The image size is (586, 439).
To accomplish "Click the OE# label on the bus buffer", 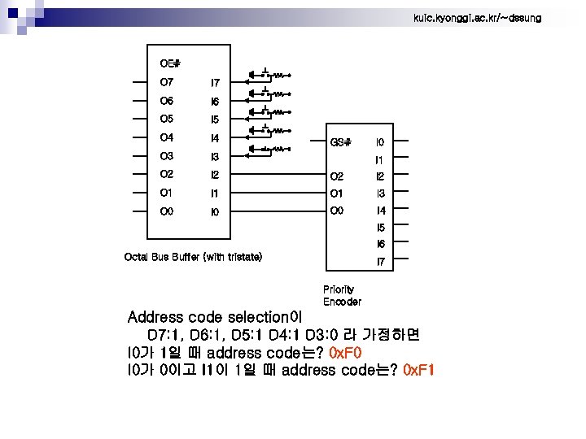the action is click(170, 63).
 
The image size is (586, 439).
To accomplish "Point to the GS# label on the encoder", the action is click(341, 141).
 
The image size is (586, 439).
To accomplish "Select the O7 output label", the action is click(167, 82).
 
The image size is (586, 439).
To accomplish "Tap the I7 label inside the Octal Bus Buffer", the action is click(215, 83).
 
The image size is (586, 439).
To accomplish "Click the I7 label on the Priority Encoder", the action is click(380, 262).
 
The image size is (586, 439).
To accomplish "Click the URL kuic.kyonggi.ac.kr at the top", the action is click(477, 18).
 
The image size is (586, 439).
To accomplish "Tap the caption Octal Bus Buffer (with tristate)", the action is click(193, 257).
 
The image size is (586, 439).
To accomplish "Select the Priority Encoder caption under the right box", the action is click(342, 295).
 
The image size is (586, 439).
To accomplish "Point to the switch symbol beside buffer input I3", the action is click(269, 149).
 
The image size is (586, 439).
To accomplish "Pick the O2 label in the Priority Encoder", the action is click(337, 176).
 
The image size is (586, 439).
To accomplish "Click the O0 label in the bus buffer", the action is click(167, 211).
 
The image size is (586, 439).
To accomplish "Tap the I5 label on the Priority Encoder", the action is click(380, 228).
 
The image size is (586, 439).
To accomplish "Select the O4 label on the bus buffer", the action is click(167, 137).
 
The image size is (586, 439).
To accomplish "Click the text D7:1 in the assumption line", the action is click(166, 335).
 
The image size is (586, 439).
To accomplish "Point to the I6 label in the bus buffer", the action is click(215, 102).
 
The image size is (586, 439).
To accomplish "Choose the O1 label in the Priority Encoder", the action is click(337, 193).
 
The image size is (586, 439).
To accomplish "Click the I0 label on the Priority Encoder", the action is click(380, 141).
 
